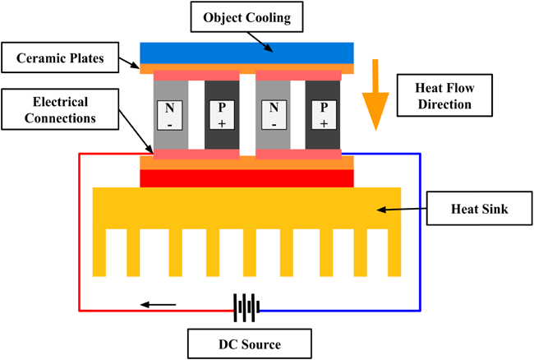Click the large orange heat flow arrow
point(375,98)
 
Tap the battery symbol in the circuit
point(246,307)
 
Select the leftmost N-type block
point(171,115)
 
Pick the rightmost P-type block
point(323,115)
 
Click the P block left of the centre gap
point(221,115)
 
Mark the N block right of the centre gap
point(273,115)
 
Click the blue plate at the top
point(246,53)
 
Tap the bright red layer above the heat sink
point(246,178)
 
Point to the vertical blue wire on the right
point(421,230)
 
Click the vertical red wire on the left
point(79,230)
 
